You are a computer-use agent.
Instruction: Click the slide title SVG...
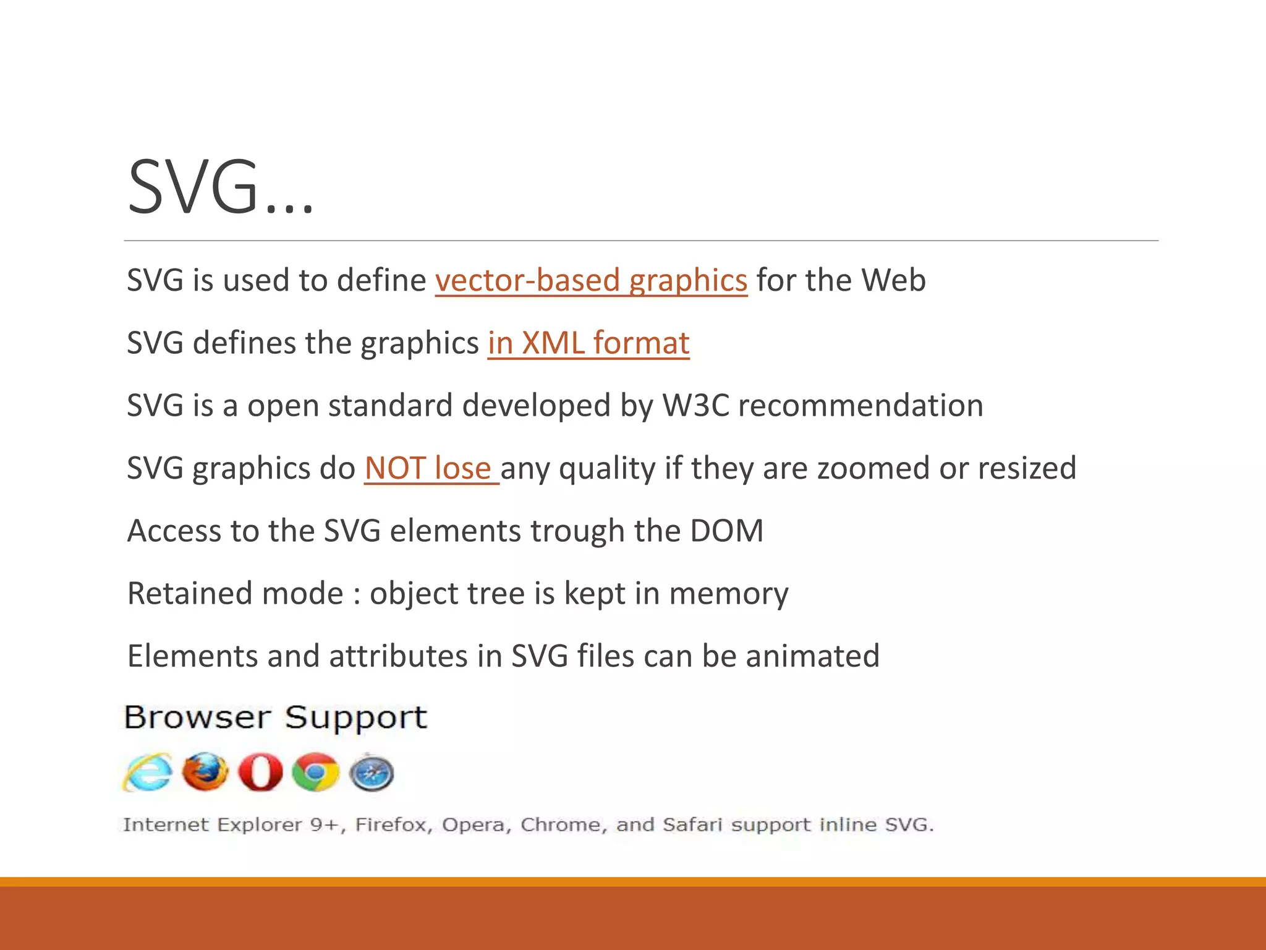coord(220,187)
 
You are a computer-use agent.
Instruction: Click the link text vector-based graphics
coord(591,281)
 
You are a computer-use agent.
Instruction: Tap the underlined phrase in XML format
coord(588,343)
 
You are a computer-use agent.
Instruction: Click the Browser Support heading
coord(276,718)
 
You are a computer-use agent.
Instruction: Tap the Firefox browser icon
coord(205,772)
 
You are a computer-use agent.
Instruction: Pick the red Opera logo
coord(260,772)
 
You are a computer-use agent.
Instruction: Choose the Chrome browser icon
coord(315,772)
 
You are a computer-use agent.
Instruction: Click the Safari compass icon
coord(372,772)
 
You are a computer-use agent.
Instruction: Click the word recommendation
coord(860,406)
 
